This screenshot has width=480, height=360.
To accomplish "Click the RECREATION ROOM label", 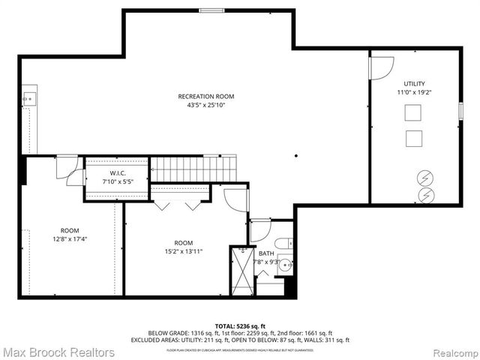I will (x=206, y=96).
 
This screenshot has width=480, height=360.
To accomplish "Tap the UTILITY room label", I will (x=414, y=83).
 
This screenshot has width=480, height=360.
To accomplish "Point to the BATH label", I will (x=267, y=253).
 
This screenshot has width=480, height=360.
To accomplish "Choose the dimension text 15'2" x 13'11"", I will (x=184, y=252).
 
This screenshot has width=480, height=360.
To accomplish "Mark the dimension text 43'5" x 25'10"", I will (x=206, y=105).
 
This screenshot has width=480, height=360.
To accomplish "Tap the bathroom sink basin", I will (x=286, y=265).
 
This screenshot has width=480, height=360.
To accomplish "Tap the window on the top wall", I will (x=209, y=10).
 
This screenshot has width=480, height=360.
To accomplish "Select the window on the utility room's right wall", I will (x=461, y=110).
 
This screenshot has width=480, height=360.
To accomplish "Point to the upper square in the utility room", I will (x=413, y=113).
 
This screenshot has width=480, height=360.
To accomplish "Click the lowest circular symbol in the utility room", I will (x=425, y=194).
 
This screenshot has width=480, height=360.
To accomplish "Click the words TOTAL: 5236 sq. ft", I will (x=240, y=326).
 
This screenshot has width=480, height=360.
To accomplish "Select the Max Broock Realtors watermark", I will (x=58, y=352).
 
